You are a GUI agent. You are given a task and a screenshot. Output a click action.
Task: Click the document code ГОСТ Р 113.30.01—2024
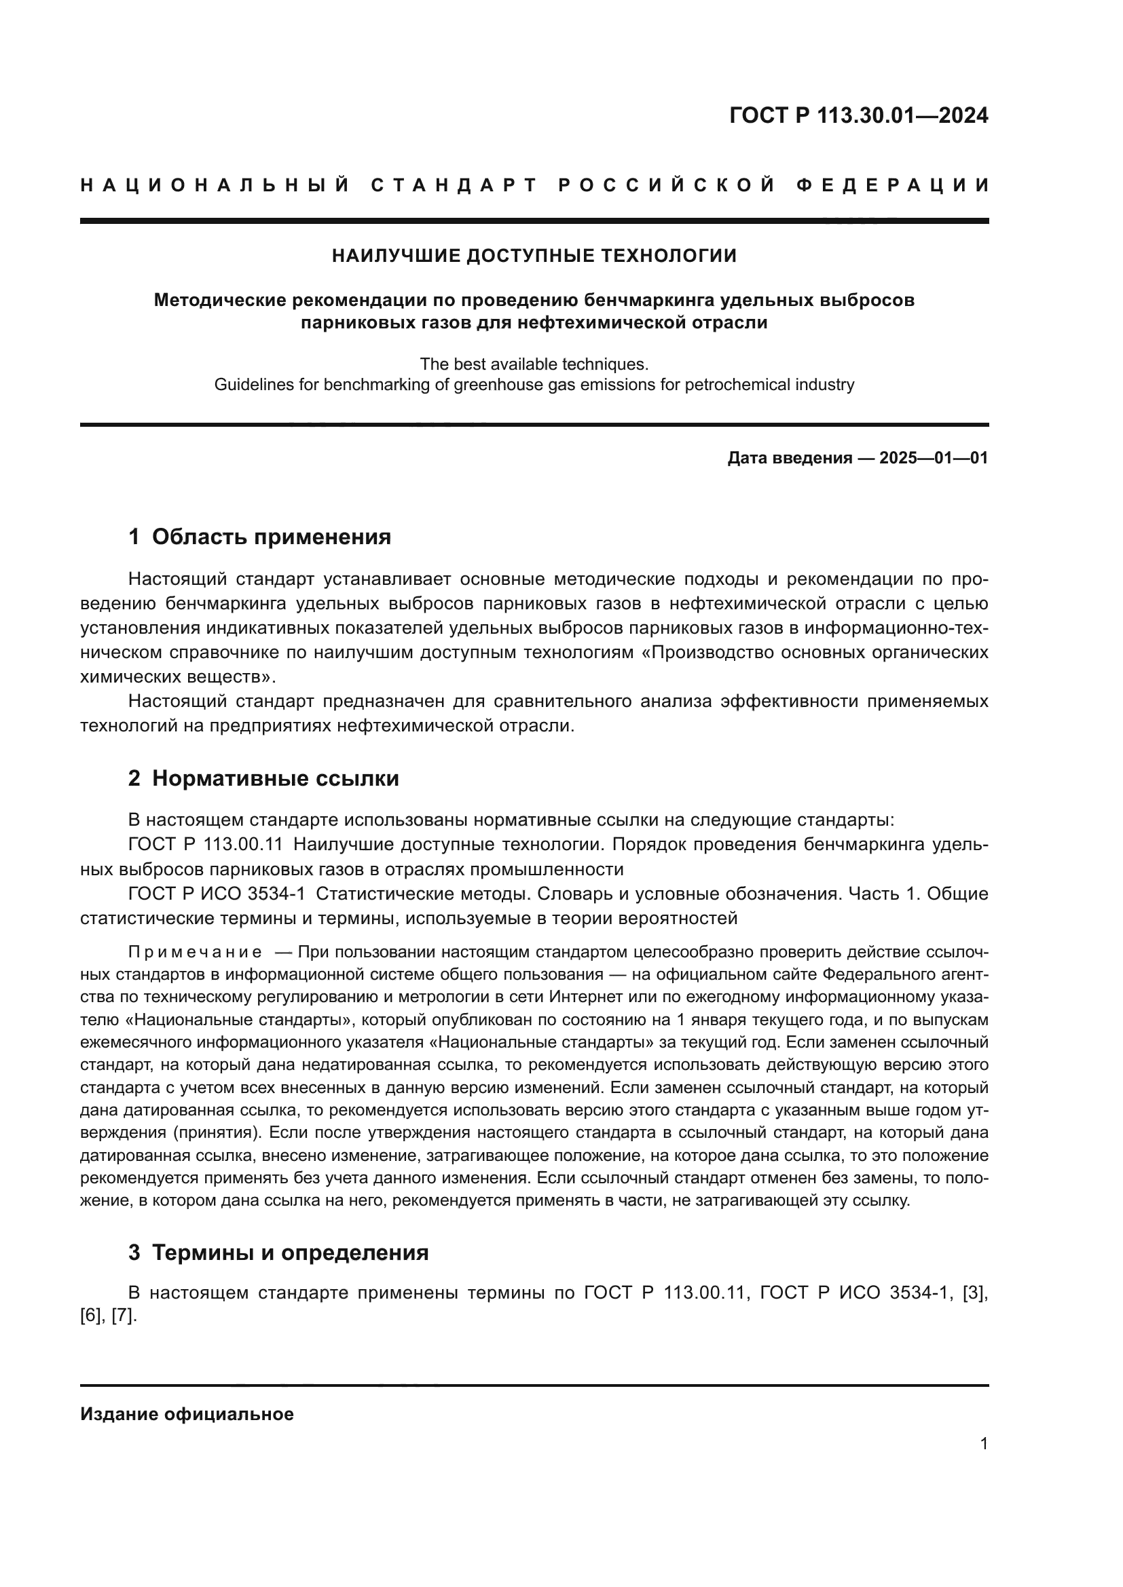[x=858, y=115]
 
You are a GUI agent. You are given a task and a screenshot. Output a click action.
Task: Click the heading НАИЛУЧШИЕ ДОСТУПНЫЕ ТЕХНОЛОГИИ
[x=534, y=256]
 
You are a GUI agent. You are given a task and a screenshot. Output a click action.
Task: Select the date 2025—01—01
[x=934, y=457]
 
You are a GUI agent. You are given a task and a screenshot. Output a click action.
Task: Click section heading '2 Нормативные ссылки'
[x=263, y=778]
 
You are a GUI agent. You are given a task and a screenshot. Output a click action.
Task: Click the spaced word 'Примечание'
[x=195, y=953]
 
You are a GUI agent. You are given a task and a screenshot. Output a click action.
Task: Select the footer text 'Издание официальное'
[x=187, y=1414]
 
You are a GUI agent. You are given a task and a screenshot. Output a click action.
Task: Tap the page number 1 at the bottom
[x=983, y=1444]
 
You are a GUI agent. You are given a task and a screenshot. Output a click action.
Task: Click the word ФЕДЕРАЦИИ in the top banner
[x=893, y=185]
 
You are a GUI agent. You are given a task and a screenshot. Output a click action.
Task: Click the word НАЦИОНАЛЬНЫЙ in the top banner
[x=215, y=185]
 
